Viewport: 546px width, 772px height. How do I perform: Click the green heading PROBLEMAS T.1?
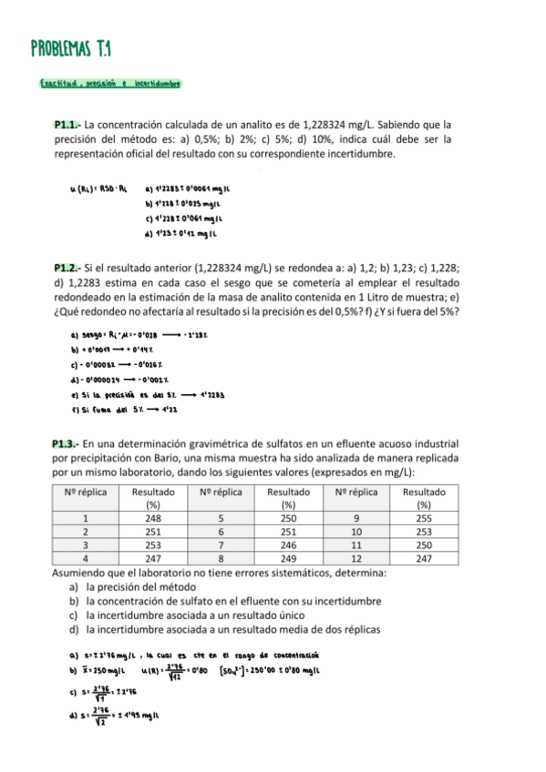pos(77,47)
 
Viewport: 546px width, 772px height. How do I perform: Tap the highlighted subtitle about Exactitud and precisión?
pos(109,85)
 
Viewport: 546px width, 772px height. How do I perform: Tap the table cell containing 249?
pos(287,558)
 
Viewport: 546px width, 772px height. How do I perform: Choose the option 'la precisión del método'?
pos(138,587)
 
